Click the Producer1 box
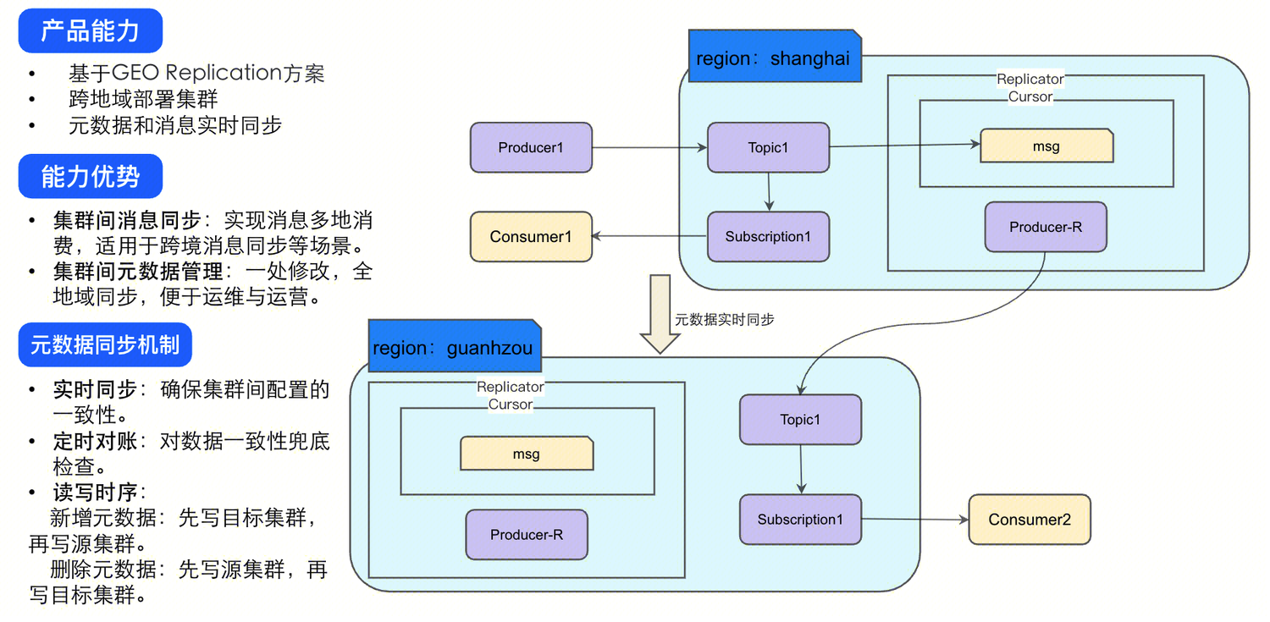click(531, 148)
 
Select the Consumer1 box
click(531, 236)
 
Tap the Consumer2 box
click(1030, 520)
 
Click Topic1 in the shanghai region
click(768, 148)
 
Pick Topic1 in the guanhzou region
click(800, 420)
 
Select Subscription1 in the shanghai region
click(768, 237)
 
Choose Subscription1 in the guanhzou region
click(800, 520)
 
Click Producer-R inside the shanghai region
click(1046, 227)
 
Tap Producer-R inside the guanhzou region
click(527, 535)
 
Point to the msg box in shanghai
click(1046, 146)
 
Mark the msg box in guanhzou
click(527, 454)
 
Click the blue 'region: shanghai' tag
click(774, 58)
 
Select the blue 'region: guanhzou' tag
click(454, 347)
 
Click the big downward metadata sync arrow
click(660, 312)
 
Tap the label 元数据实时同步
click(724, 320)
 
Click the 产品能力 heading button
click(90, 31)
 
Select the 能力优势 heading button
click(90, 177)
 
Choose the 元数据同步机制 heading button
click(105, 344)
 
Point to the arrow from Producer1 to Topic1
click(649, 148)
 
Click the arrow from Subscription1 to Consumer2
click(914, 520)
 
